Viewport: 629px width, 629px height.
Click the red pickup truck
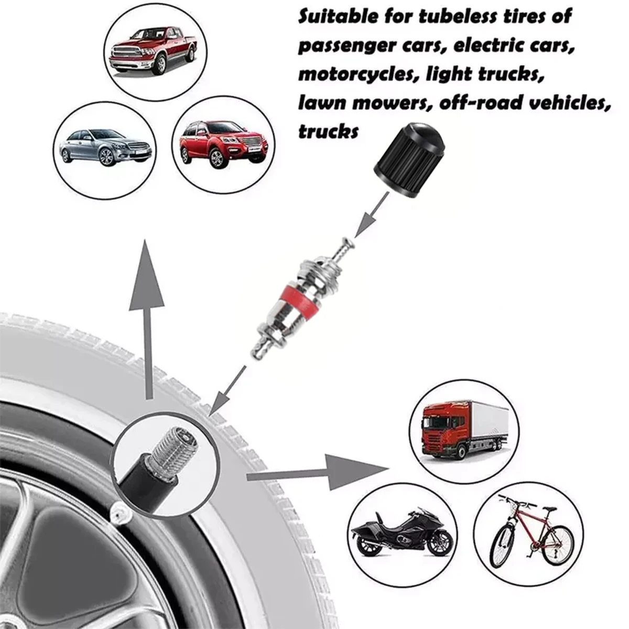[x=151, y=49]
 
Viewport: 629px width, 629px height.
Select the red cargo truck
[x=440, y=432]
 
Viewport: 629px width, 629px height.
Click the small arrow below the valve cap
[x=370, y=215]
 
